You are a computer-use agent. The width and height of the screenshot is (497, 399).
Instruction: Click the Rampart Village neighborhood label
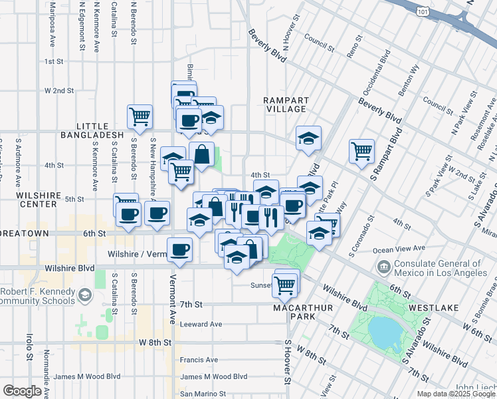coord(284,104)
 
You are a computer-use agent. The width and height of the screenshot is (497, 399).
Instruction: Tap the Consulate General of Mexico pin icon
coord(383,268)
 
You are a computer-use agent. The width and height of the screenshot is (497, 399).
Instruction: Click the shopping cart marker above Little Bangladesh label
coord(140,117)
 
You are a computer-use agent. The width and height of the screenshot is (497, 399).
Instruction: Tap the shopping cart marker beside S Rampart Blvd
coord(361,151)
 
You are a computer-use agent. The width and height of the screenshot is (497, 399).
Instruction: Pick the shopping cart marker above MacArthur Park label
coord(285,285)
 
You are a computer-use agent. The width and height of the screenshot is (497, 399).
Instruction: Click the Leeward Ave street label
coord(201,324)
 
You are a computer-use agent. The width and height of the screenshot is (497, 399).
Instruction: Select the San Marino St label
coord(203,394)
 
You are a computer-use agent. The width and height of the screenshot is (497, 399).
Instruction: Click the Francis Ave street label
coord(198,360)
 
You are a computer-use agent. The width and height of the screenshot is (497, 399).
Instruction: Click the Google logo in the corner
coord(23,391)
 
